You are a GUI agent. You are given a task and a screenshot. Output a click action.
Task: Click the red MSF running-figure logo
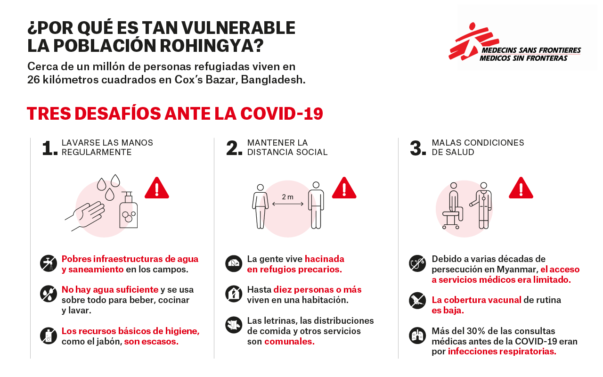coord(474,42)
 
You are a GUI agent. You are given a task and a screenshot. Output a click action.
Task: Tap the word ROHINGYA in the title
coord(212,46)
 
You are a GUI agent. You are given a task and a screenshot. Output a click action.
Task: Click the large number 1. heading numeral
coord(50,148)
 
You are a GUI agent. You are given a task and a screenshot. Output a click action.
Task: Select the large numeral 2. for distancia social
coord(234,148)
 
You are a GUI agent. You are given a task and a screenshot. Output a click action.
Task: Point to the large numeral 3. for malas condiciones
coord(418,148)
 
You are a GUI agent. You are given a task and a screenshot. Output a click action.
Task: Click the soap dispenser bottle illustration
coord(129,210)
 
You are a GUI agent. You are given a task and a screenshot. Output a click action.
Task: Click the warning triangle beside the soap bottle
coord(157,188)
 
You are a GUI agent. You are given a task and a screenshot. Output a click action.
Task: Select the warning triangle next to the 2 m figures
coord(344,188)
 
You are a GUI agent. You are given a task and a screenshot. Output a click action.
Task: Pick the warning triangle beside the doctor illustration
coord(521,188)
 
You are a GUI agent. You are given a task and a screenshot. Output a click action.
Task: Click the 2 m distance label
coord(287,197)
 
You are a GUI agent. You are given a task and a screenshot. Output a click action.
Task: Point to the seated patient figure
coord(453,206)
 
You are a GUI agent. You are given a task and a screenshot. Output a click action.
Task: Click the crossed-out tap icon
coord(49,263)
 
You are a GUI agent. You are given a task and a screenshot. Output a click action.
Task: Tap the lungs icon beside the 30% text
coord(417,336)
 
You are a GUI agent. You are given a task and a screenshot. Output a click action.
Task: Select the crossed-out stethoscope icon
coord(417,263)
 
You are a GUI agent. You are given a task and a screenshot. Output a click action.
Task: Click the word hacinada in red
coord(325,259)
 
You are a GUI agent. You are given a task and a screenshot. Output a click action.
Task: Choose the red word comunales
coord(289,342)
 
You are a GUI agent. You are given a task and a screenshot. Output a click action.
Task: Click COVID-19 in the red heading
coord(282,114)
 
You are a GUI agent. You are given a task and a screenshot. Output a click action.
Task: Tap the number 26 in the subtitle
coord(33,80)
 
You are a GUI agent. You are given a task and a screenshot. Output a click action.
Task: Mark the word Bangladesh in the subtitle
coord(273,80)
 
